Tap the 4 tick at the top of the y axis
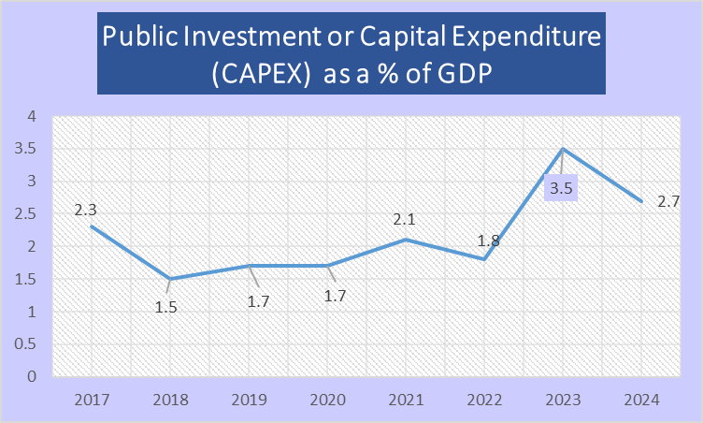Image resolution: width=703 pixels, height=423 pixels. pos(31,117)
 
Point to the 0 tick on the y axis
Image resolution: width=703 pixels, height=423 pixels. pos(31,377)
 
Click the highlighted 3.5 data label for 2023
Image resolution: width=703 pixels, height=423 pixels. pos(563,190)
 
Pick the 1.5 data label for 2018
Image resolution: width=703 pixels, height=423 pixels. pos(166,304)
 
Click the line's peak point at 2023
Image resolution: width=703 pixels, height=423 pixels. pos(564,150)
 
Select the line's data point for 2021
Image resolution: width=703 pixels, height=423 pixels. pos(405,240)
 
